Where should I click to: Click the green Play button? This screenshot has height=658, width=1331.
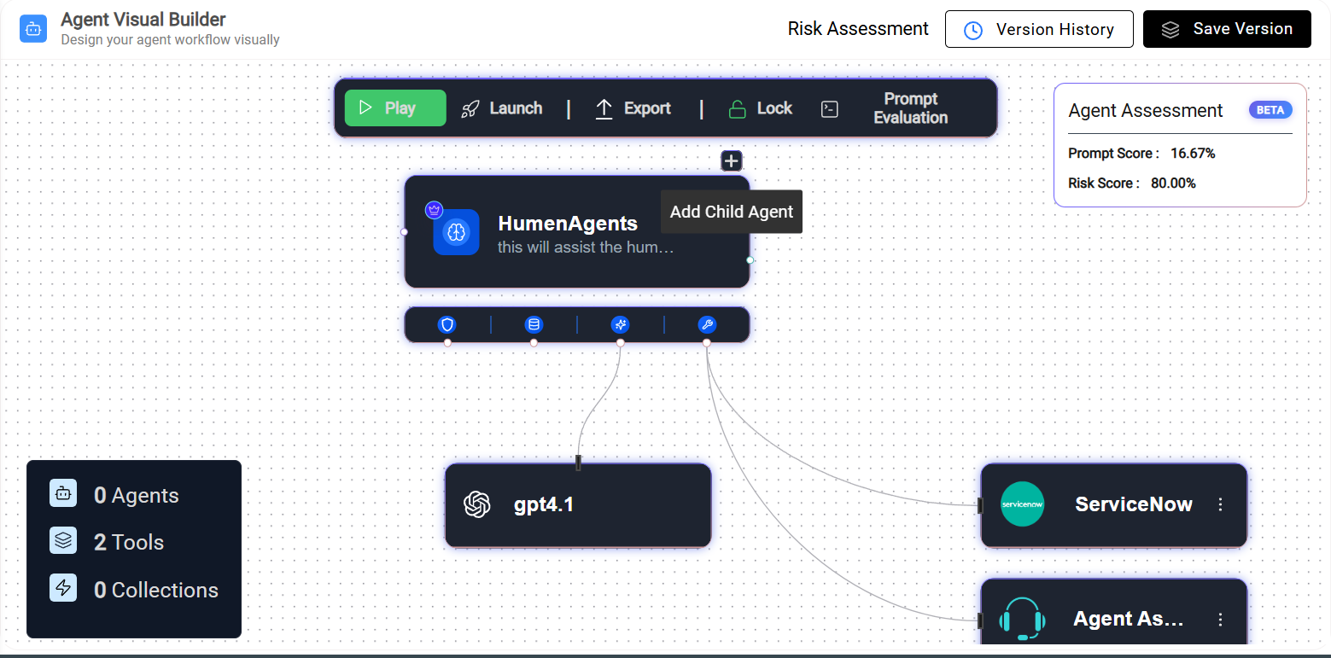395,108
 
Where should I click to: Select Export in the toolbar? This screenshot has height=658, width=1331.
633,108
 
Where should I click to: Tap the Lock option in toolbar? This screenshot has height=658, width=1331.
761,108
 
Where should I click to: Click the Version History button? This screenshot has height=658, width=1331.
1039,29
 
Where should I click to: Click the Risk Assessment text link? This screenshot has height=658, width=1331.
858,28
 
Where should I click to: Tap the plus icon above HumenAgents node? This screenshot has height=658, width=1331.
732,161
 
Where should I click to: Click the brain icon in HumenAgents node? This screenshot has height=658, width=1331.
457,232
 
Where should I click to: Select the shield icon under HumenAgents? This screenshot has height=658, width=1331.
447,325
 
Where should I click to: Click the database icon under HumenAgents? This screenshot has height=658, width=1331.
534,325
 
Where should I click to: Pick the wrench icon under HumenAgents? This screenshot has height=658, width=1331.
707,325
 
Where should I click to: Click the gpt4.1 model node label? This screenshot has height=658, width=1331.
544,504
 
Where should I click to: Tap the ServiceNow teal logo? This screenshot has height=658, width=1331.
1022,504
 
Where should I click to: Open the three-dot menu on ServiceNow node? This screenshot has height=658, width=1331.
1221,504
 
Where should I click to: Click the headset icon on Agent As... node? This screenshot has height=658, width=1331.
1022,619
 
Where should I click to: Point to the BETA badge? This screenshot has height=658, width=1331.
1270,110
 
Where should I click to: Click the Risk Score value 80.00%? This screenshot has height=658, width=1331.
1173,183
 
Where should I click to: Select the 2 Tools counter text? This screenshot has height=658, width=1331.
129,542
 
